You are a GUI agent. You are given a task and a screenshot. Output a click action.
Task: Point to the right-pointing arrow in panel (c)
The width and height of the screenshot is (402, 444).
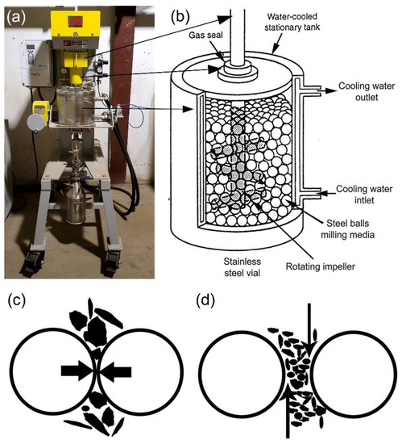tap(77, 371)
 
